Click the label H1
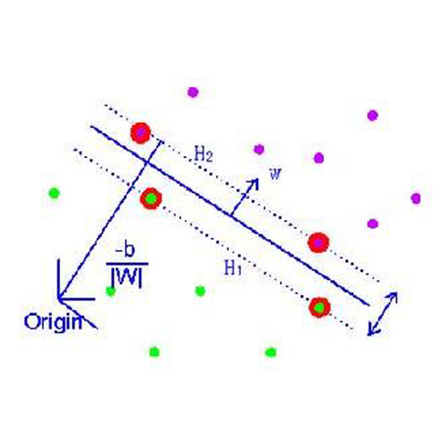point(233,267)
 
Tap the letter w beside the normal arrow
point(276,173)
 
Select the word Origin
point(53,322)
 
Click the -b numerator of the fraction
point(125,251)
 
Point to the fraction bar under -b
point(127,264)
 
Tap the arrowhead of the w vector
point(254,183)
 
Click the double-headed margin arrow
point(382,314)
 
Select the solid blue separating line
point(230,215)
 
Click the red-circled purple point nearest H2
point(141,133)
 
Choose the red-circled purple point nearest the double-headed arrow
point(318,243)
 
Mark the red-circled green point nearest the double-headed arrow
point(319,308)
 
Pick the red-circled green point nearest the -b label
point(151,198)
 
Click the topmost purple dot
point(193,92)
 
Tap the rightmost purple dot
point(416,198)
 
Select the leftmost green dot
point(54,193)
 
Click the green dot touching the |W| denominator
point(110,291)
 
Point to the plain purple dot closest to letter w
point(259,149)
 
